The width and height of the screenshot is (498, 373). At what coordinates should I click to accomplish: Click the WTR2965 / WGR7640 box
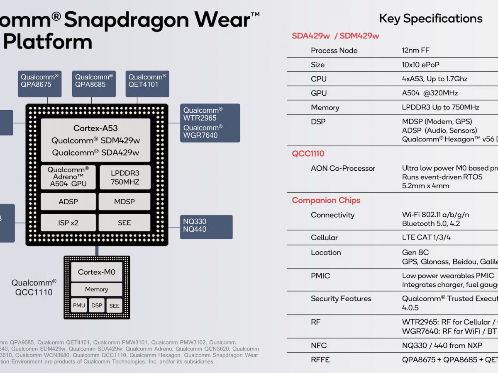(x=210, y=123)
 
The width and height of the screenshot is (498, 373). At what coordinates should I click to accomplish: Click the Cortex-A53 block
(x=95, y=140)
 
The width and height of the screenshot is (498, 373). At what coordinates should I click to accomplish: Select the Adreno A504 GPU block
(x=68, y=177)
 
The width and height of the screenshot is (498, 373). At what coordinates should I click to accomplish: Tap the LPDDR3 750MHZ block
(x=124, y=177)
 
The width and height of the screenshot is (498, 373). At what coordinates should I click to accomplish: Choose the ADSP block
(x=68, y=202)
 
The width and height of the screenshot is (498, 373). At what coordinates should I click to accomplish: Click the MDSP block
(x=124, y=202)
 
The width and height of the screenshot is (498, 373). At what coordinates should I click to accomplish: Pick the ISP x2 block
(x=68, y=223)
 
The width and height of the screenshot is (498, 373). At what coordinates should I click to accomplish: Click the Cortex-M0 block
(x=97, y=272)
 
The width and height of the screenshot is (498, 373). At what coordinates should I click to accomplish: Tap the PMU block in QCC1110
(x=79, y=306)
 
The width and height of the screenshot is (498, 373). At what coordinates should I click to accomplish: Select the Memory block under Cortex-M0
(x=97, y=289)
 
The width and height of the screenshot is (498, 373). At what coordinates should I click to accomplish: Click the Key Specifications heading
(x=430, y=18)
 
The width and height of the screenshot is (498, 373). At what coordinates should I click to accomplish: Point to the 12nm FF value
(x=415, y=50)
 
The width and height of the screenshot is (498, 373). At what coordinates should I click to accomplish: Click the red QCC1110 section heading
(x=308, y=154)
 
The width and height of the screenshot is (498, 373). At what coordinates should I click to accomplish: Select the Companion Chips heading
(x=326, y=200)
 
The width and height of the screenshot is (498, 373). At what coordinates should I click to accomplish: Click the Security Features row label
(x=341, y=298)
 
